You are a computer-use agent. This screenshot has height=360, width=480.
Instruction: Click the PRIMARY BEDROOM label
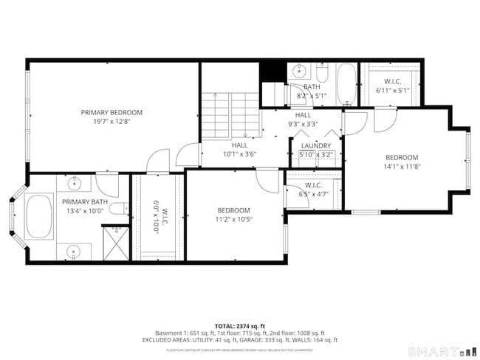pos(112,112)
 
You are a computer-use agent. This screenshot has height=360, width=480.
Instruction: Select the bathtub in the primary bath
pos(39,215)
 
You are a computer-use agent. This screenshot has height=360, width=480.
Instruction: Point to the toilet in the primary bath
pos(117,209)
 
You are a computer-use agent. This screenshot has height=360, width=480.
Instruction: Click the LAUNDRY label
pos(317,145)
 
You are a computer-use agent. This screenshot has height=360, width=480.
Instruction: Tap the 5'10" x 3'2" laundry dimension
pos(317,154)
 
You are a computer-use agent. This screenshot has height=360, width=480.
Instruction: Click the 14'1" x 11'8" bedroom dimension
pos(402,167)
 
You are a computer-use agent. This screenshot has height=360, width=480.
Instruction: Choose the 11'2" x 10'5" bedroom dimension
pos(233,219)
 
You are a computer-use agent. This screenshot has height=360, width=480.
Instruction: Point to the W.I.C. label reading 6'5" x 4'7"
pos(313,190)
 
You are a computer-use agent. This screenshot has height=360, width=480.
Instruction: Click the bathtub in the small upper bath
pos(346,85)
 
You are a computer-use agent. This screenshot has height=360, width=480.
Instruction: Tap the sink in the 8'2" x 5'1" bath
pos(298,72)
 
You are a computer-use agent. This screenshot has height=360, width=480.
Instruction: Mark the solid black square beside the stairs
pos(272,71)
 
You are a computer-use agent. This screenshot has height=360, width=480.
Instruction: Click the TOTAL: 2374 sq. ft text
pos(239,325)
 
